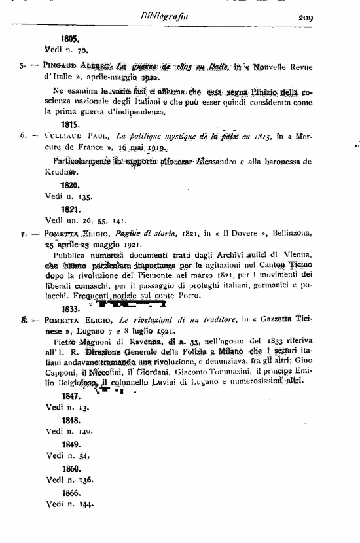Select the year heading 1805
pyautogui.click(x=70, y=38)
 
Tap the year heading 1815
pyautogui.click(x=70, y=124)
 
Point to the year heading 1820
pyautogui.click(x=70, y=185)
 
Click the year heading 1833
pyautogui.click(x=70, y=308)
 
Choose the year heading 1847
pyautogui.click(x=70, y=396)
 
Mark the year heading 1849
pyautogui.click(x=70, y=442)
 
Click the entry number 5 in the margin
pyautogui.click(x=22, y=66)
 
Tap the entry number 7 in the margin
pyautogui.click(x=23, y=232)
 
